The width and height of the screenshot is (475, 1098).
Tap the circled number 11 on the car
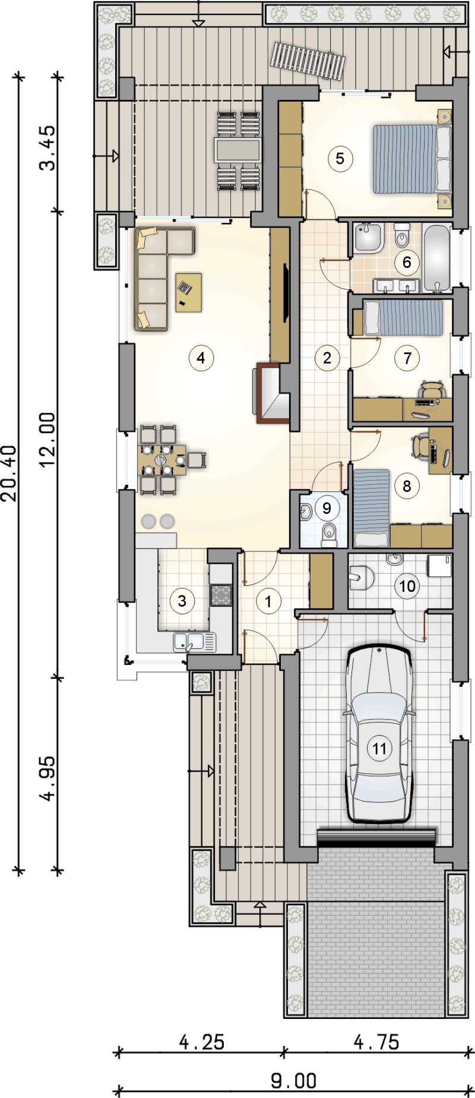(379, 748)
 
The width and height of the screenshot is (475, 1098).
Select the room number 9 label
(327, 508)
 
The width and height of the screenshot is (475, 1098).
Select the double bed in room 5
(413, 159)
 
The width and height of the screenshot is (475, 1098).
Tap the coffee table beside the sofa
(189, 292)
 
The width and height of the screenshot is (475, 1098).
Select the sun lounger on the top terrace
(308, 60)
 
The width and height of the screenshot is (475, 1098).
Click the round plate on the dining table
(161, 459)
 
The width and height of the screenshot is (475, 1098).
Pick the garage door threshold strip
(377, 837)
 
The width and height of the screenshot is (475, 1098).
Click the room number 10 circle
(407, 586)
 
